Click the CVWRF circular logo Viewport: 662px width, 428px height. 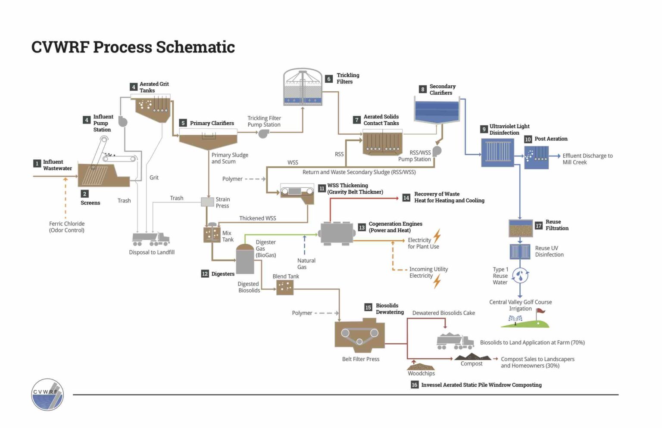[x=47, y=394]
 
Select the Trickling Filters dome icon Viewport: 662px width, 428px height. [x=303, y=87]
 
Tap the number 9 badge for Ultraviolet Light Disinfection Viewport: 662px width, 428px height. [x=484, y=129]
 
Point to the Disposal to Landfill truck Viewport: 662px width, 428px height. [x=150, y=239]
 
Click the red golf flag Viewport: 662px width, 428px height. [x=540, y=311]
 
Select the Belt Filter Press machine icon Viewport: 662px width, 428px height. [x=359, y=335]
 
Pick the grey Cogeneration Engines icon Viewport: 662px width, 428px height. [x=337, y=233]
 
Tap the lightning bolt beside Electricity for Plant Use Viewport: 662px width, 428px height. [x=437, y=236]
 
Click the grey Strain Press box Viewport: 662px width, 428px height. [x=208, y=202]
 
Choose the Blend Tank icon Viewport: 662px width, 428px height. [x=284, y=287]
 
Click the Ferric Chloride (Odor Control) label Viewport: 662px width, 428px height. [x=67, y=227]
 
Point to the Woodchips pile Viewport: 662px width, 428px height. [x=421, y=366]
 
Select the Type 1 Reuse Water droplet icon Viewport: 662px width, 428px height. [x=520, y=275]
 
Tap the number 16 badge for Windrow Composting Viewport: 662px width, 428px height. [x=415, y=385]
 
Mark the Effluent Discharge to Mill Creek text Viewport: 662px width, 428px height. [x=587, y=159]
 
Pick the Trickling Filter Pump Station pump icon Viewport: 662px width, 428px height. [x=263, y=133]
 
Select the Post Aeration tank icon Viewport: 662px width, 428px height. [x=536, y=157]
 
